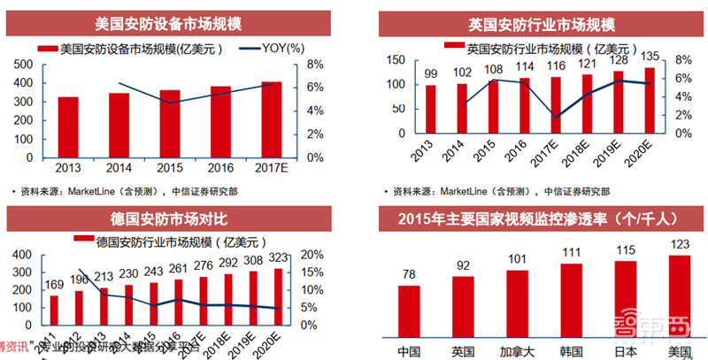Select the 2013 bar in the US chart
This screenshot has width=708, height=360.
tap(68, 127)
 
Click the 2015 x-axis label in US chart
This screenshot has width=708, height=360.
tap(170, 166)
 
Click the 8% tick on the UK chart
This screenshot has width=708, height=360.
tap(681, 60)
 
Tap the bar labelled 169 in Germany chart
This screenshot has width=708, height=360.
tap(53, 310)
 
